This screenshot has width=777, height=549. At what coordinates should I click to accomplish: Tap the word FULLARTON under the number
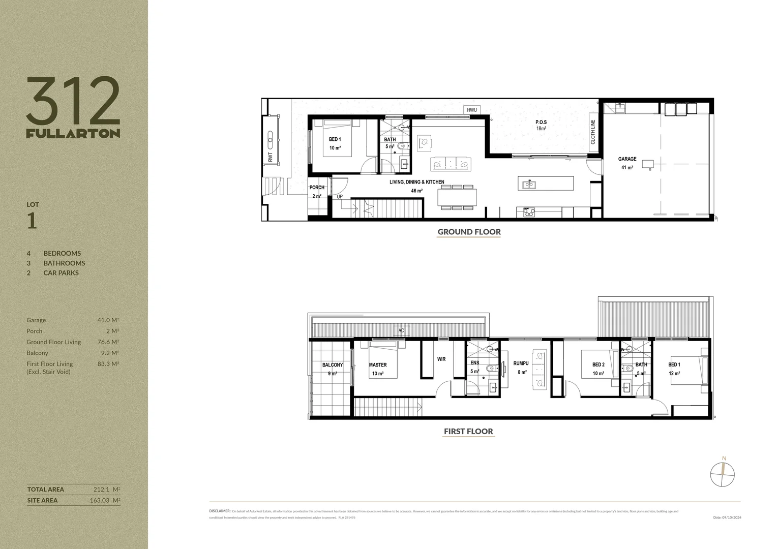click(x=73, y=133)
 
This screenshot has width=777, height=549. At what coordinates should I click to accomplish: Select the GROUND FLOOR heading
click(x=469, y=232)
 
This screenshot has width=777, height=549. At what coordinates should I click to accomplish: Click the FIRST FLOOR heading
click(x=468, y=432)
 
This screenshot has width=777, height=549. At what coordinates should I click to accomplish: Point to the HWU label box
click(x=471, y=110)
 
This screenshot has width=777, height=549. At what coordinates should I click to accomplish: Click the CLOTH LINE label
click(x=593, y=132)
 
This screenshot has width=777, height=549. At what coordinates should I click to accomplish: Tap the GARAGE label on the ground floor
click(x=627, y=159)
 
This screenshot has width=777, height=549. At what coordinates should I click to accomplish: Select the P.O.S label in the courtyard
click(x=541, y=122)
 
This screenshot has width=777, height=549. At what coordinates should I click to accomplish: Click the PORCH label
click(x=317, y=188)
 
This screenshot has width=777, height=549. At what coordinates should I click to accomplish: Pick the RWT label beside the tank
click(x=270, y=158)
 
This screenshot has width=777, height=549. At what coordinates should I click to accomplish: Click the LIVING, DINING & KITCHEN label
click(x=416, y=182)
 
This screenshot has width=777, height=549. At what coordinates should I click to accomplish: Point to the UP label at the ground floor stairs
click(x=340, y=197)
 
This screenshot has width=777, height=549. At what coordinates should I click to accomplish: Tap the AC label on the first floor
click(x=401, y=331)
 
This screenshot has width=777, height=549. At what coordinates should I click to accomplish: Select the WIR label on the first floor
click(x=441, y=359)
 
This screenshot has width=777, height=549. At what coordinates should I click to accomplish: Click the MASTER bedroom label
click(x=377, y=365)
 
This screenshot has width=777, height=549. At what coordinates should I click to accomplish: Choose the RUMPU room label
click(x=521, y=363)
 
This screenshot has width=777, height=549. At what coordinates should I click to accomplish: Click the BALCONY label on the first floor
click(x=333, y=365)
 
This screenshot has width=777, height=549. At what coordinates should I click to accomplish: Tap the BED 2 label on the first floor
click(x=598, y=365)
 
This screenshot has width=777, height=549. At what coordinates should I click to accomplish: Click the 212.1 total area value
click(x=103, y=490)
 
